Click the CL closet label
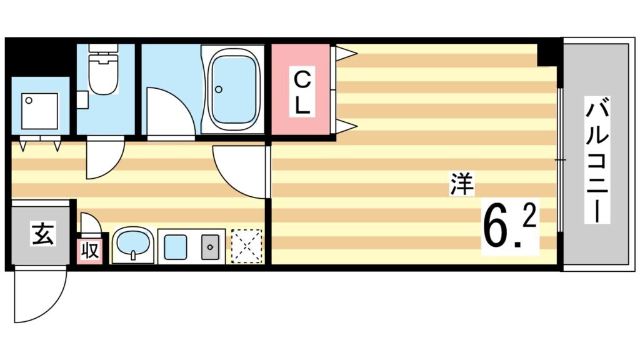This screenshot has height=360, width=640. pos(302,92)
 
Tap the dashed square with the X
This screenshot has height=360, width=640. pos(246,246)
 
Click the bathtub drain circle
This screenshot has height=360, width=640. pos(218,89)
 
